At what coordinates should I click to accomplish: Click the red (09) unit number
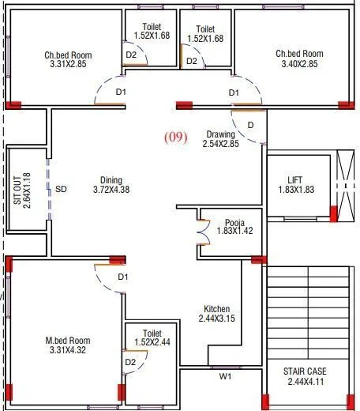175,137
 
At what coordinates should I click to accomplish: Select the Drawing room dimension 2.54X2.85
220,145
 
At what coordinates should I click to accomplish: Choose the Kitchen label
217,309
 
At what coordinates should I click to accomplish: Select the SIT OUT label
17,189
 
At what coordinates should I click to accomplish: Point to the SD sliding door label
61,190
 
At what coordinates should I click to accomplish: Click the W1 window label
225,375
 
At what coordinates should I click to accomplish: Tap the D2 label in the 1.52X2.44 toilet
131,361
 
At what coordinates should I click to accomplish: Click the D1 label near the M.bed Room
122,277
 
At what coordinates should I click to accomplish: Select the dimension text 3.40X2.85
298,64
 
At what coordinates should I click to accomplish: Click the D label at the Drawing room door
250,125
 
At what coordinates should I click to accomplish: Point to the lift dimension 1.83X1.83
295,190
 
